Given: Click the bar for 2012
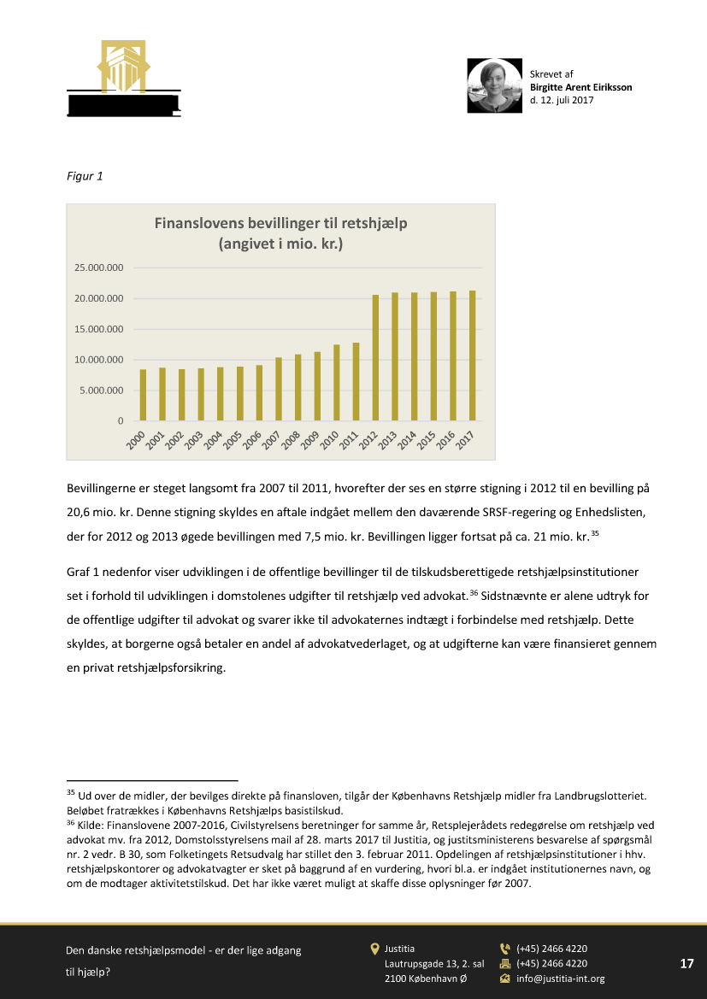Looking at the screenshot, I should click(x=375, y=358).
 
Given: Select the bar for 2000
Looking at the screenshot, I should click(x=144, y=395).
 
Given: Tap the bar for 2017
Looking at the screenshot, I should click(x=472, y=356).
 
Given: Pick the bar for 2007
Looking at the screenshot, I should click(x=279, y=389).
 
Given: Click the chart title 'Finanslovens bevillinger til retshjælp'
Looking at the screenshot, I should click(x=280, y=223).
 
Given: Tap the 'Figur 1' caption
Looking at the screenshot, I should click(x=85, y=177).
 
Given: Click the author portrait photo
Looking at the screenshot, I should click(x=494, y=86).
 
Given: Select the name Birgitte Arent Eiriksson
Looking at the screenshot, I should click(x=580, y=87).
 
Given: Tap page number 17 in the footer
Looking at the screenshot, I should click(x=686, y=963).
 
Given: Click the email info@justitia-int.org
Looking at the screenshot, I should click(x=560, y=978).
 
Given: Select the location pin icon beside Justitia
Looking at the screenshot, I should click(x=374, y=949).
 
